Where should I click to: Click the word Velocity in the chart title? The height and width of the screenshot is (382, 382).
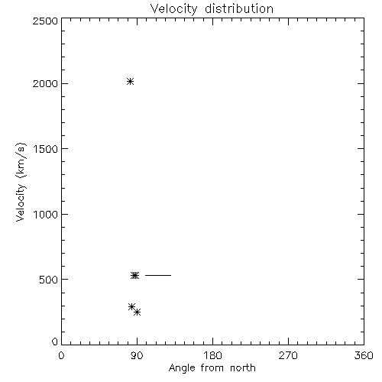pyautogui.click(x=174, y=9)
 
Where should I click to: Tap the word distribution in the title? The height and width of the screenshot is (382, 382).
pyautogui.click(x=239, y=8)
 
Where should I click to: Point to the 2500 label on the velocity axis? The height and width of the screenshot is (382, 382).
pyautogui.click(x=45, y=21)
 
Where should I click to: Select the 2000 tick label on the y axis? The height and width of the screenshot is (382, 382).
pyautogui.click(x=45, y=83)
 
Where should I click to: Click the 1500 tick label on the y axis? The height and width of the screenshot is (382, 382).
pyautogui.click(x=46, y=149)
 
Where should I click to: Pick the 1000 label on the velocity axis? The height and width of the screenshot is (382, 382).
pyautogui.click(x=46, y=215)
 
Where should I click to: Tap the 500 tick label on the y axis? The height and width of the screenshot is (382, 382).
pyautogui.click(x=49, y=280)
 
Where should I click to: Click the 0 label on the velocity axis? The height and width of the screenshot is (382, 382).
pyautogui.click(x=55, y=342)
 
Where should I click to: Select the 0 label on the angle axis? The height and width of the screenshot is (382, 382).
pyautogui.click(x=61, y=355)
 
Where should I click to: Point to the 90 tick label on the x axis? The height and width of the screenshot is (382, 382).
pyautogui.click(x=137, y=355)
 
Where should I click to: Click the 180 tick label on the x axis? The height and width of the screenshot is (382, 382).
pyautogui.click(x=212, y=355)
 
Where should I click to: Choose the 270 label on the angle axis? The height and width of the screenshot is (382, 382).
pyautogui.click(x=288, y=355)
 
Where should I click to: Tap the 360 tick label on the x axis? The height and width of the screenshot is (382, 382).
pyautogui.click(x=364, y=355)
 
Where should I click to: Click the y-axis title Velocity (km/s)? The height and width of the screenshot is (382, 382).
pyautogui.click(x=21, y=182)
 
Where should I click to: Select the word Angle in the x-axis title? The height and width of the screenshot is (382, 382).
pyautogui.click(x=182, y=368)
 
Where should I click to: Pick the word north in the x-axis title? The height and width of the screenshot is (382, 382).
pyautogui.click(x=243, y=367)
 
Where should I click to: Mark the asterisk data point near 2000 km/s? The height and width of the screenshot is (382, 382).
pyautogui.click(x=130, y=82)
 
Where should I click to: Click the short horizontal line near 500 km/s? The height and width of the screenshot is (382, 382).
pyautogui.click(x=158, y=275)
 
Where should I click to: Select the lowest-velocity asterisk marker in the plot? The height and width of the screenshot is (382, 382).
pyautogui.click(x=138, y=312)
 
